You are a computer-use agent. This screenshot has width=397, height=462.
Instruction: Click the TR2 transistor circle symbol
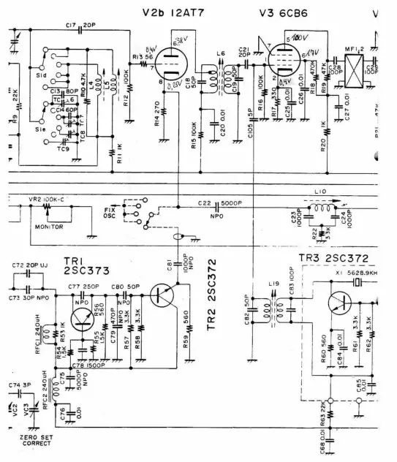165,295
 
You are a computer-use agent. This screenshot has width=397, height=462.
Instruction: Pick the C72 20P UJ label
29,263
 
